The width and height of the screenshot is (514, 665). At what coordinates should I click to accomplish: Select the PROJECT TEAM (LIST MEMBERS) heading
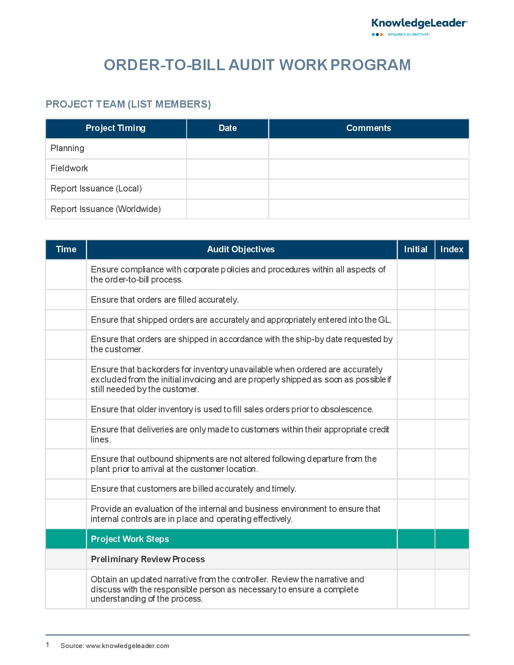tap(128, 104)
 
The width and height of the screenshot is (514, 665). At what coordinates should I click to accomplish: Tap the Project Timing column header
tap(116, 128)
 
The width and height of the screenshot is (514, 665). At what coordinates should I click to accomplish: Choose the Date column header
tap(227, 128)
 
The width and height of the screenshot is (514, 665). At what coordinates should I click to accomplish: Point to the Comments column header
tap(368, 128)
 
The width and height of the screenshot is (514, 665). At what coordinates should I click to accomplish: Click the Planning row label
tap(67, 148)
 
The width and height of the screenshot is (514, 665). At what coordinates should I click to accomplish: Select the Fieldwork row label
tap(69, 168)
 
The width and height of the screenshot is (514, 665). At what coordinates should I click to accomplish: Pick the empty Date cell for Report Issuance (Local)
tap(227, 189)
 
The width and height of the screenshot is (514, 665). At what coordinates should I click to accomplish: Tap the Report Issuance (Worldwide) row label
tap(106, 209)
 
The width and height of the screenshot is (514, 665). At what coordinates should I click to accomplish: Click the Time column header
tap(66, 249)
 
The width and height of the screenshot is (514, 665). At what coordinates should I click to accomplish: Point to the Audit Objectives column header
tap(241, 249)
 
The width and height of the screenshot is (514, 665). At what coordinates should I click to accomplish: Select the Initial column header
tap(416, 249)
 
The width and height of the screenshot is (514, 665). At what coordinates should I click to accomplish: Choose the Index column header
tap(452, 249)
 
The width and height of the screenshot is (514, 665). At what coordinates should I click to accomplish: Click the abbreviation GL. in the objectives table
tap(385, 320)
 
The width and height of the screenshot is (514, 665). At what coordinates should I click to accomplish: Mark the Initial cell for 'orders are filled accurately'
tap(416, 300)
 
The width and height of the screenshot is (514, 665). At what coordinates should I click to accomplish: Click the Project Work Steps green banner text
tap(130, 539)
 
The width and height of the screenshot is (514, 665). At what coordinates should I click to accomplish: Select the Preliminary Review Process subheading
tap(148, 559)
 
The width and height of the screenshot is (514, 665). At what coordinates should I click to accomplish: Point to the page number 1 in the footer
tap(48, 645)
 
